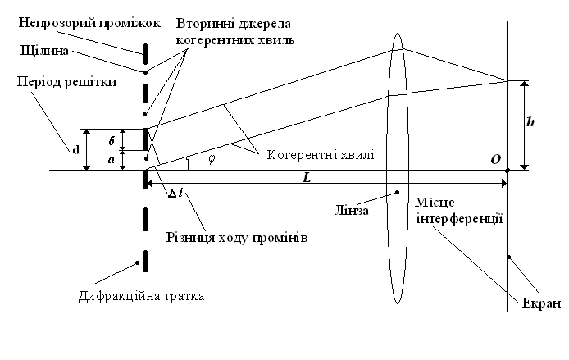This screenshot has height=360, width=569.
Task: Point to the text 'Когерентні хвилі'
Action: (x=319, y=153)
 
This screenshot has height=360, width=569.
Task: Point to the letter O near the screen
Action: (x=495, y=158)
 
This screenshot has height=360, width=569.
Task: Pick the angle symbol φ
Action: (x=211, y=159)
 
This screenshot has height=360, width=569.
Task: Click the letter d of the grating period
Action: (x=75, y=150)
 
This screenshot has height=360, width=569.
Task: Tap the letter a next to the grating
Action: (x=112, y=161)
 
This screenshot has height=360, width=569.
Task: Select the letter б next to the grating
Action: (x=112, y=139)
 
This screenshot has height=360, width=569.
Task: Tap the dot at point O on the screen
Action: (x=508, y=171)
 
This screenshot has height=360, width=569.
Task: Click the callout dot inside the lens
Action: (x=398, y=193)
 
